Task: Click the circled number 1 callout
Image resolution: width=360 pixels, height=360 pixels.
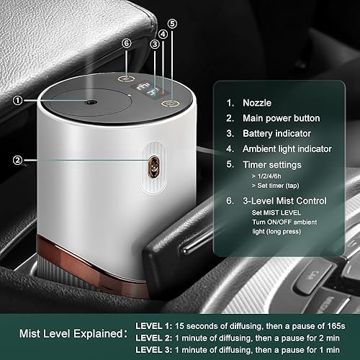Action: point(18,101)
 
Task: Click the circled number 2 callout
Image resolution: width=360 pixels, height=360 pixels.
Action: point(18,158)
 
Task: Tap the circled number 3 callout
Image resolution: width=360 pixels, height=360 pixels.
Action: point(154,43)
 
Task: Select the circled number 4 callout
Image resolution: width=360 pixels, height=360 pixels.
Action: point(163,34)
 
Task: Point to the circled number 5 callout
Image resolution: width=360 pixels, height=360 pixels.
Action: point(173,22)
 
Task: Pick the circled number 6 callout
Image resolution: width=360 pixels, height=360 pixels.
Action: point(127,43)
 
